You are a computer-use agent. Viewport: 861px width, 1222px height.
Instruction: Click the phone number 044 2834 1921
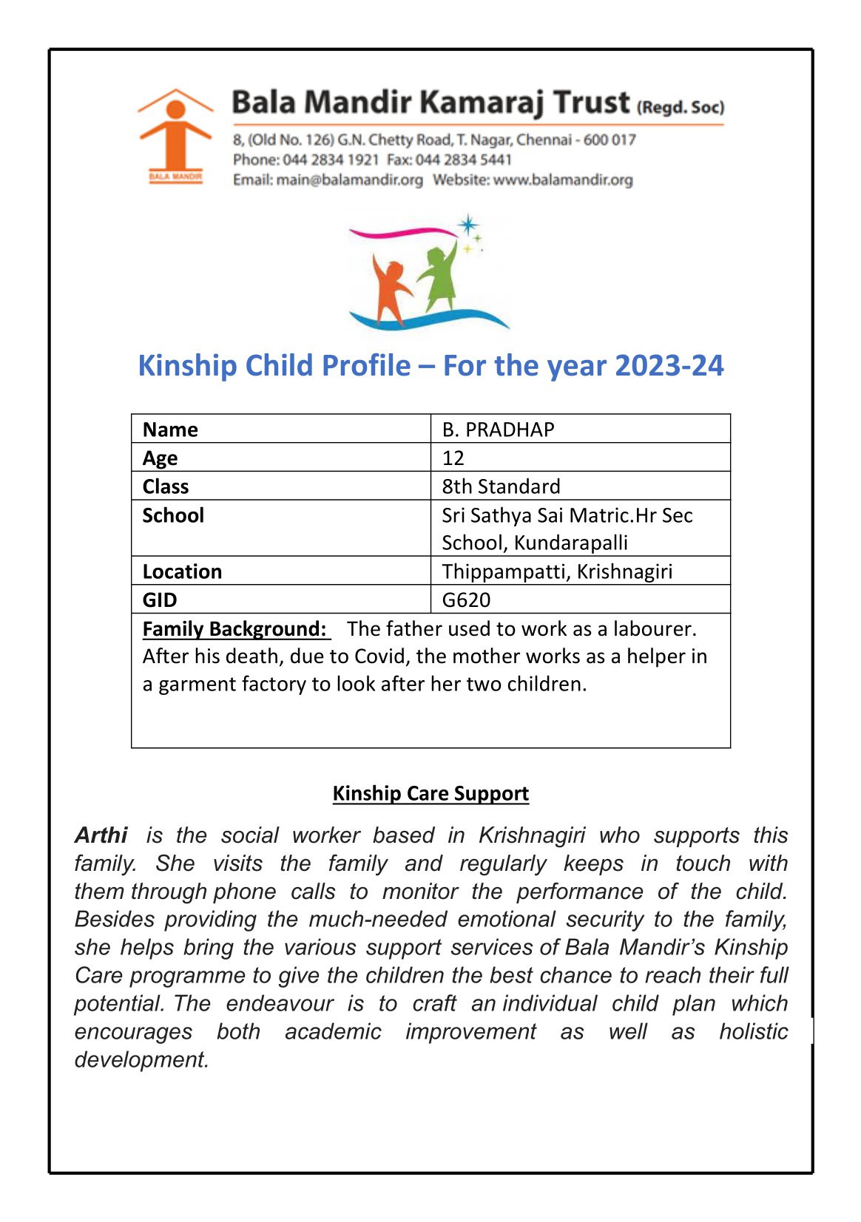click(x=331, y=160)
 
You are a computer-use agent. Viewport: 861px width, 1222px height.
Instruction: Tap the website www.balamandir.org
click(x=563, y=180)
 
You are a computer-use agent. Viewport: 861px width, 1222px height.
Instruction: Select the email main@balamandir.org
click(x=349, y=180)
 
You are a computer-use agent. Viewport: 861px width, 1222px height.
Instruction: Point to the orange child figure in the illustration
click(x=389, y=291)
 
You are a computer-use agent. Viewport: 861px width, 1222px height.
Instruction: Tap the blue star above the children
click(x=467, y=225)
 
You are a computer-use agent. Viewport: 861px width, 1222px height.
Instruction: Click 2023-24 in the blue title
click(x=669, y=366)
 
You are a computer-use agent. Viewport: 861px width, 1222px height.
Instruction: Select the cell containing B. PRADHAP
click(x=498, y=430)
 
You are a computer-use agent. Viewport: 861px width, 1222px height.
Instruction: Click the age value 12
click(x=453, y=458)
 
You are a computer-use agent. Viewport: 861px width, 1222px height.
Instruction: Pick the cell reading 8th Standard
click(x=501, y=486)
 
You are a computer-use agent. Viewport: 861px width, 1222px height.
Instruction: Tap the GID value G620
click(x=466, y=600)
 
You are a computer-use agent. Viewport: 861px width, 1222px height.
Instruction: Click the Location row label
click(x=182, y=571)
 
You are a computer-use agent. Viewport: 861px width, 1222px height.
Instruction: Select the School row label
click(x=173, y=515)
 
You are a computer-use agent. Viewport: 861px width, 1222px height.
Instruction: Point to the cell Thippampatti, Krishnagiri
click(x=557, y=571)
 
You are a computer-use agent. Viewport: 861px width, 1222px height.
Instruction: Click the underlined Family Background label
click(x=234, y=628)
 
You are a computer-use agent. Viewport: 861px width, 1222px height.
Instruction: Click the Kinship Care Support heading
click(x=430, y=793)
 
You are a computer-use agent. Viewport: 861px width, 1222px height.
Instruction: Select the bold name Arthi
click(x=101, y=835)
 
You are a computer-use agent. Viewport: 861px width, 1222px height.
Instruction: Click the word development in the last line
click(x=141, y=1059)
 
